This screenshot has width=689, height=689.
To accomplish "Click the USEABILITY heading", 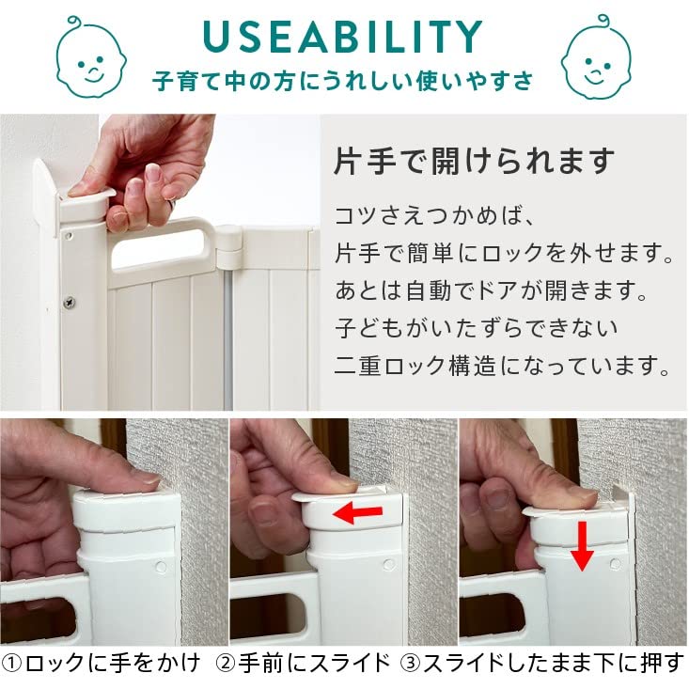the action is [x=343, y=37].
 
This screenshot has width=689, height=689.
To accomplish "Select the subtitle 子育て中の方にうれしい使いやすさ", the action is [x=342, y=81].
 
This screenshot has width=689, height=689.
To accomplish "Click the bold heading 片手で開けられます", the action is [x=474, y=162].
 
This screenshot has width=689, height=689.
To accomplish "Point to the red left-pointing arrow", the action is [x=357, y=513].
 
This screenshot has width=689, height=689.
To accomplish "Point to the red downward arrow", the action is [x=582, y=546].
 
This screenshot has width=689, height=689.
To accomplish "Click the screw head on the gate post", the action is [x=70, y=303].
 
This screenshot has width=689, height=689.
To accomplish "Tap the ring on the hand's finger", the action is [x=173, y=204].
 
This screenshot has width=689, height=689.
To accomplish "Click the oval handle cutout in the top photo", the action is [x=159, y=251].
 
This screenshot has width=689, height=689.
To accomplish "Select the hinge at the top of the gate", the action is [x=229, y=247].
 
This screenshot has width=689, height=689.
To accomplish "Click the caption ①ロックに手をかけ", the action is [x=102, y=663].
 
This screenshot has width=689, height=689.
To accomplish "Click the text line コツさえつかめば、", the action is [x=434, y=215].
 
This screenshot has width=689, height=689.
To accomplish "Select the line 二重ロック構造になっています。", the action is [x=502, y=366].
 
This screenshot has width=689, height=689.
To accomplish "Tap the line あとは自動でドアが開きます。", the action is [x=492, y=290].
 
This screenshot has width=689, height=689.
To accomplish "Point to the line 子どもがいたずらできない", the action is [x=477, y=328].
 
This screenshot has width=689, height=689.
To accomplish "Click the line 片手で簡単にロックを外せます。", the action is [x=504, y=253].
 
